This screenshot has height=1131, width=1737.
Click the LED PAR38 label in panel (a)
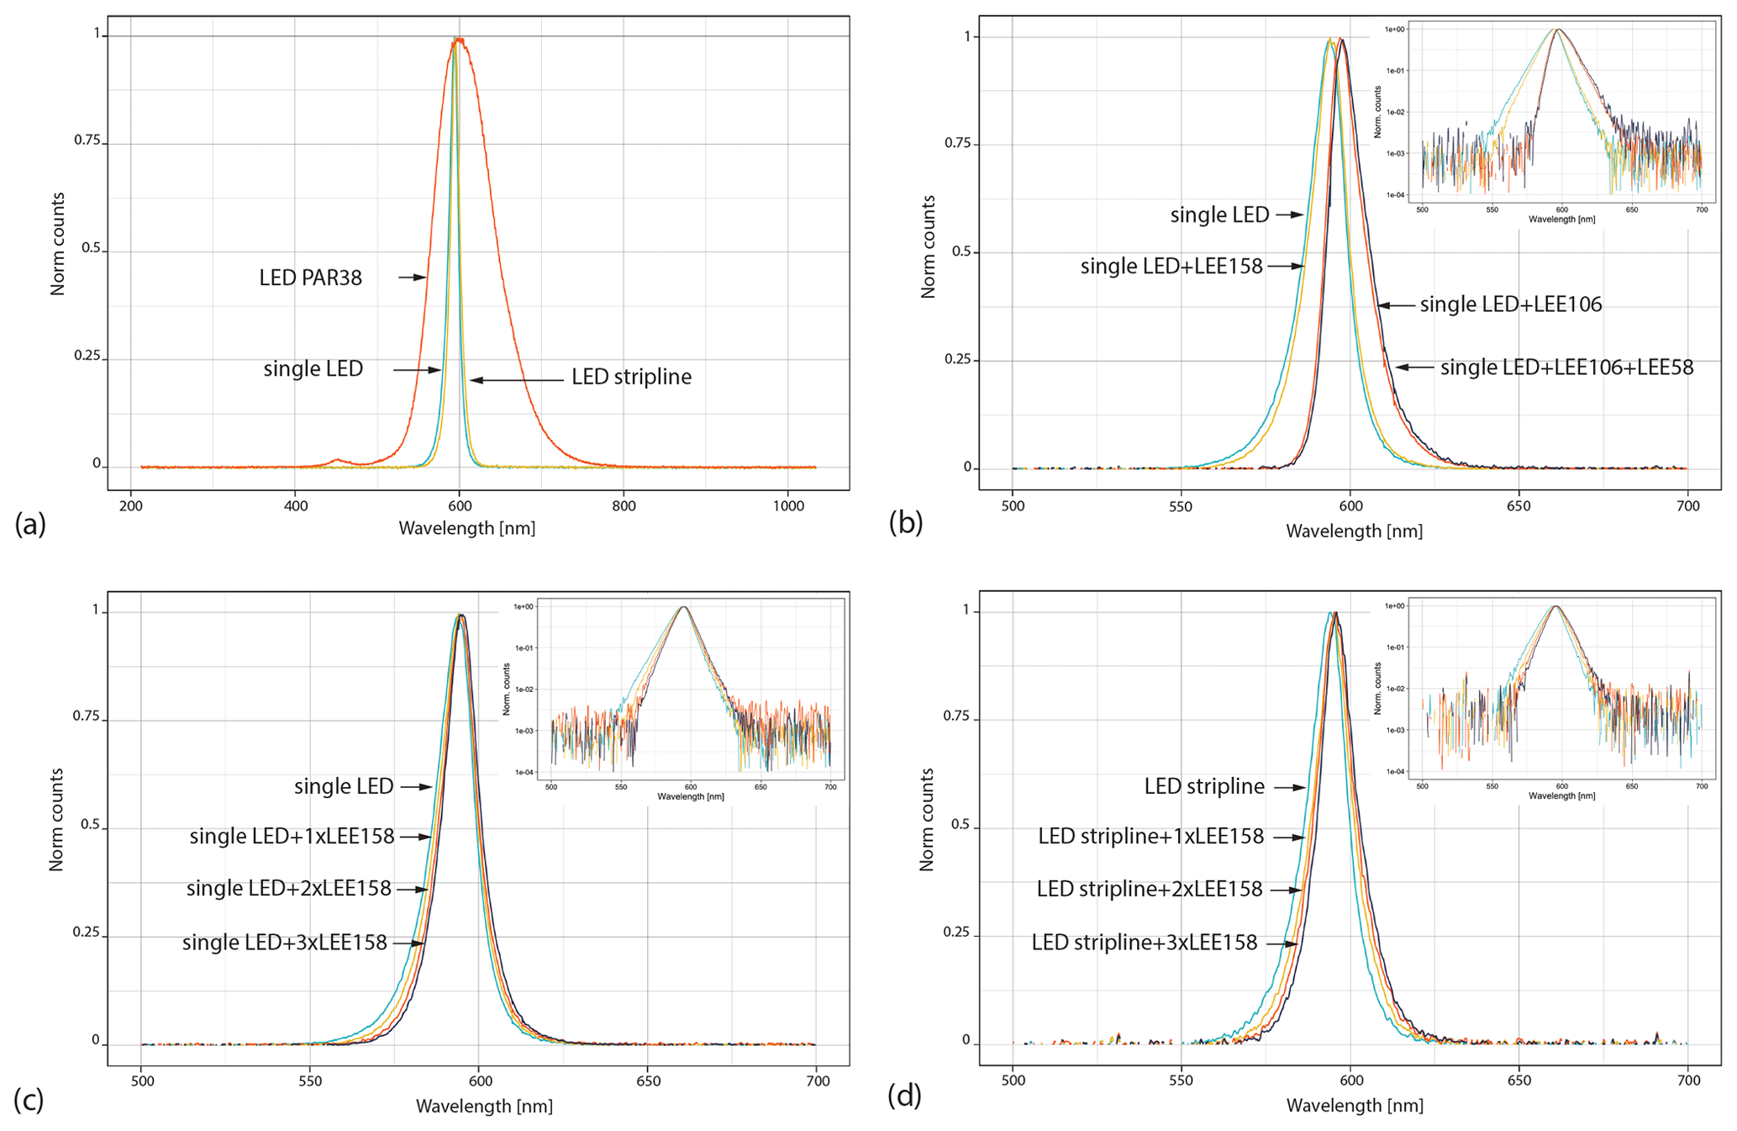coord(310,277)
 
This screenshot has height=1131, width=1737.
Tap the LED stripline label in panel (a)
coord(631,377)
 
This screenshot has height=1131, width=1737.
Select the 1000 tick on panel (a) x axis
coord(787,506)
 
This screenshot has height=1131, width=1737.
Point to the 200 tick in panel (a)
coord(130,506)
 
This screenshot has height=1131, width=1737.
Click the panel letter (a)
coord(30,525)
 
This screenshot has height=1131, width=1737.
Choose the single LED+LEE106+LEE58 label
coord(1566,367)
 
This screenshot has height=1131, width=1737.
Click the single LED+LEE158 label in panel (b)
coord(1171,267)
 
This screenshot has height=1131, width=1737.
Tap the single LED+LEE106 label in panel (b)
coord(1510,304)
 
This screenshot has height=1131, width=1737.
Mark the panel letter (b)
coord(905,523)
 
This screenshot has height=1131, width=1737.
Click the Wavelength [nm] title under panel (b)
coord(1354,531)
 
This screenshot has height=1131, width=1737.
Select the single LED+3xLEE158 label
coord(284,943)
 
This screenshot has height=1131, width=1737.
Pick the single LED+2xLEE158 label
coord(288,889)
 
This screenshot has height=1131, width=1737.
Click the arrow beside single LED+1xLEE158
coord(415,837)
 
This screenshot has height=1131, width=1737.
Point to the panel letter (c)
coord(29,1099)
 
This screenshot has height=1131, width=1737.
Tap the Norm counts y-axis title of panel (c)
coord(56,819)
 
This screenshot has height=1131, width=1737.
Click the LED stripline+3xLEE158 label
coord(1144,943)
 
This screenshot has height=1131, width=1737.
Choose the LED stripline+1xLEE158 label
coord(1150,837)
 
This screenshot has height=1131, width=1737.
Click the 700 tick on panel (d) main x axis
coord(1687,1081)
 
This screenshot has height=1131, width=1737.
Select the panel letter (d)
coord(905,1097)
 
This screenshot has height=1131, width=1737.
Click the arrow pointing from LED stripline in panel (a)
coord(516,380)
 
